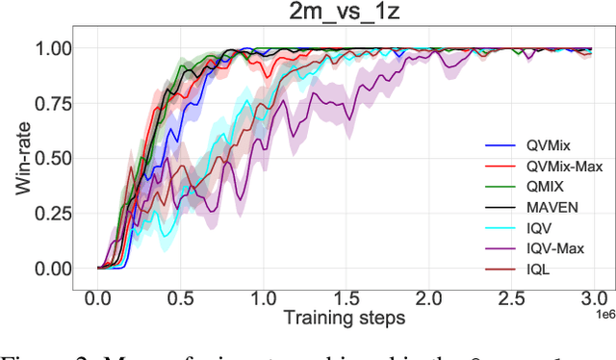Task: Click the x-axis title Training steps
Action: coord(345,316)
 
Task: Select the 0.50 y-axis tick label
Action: coord(52,158)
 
